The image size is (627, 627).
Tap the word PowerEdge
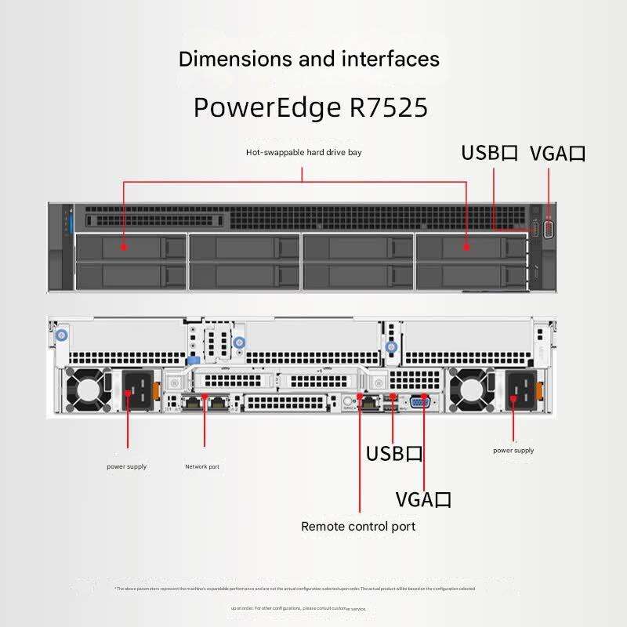point(266,107)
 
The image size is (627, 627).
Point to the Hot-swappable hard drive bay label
point(303,153)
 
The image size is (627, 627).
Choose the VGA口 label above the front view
point(558,153)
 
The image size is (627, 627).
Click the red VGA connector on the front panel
point(548,230)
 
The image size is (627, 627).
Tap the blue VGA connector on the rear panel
point(420,401)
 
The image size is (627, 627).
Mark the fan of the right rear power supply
point(470,390)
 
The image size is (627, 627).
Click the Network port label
point(202,467)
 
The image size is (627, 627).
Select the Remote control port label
point(358,526)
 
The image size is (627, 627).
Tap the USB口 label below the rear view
point(394,454)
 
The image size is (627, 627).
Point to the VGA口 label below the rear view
point(423,500)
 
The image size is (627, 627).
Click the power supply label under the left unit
point(126,467)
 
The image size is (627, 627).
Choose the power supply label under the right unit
point(513,451)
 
